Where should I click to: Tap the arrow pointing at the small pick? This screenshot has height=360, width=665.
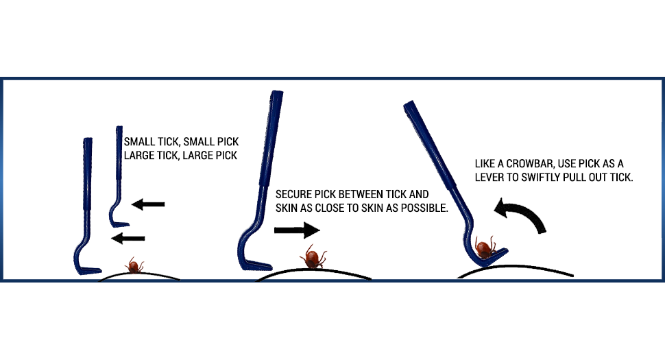[x=148, y=204]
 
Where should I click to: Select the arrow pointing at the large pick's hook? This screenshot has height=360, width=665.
[x=128, y=238]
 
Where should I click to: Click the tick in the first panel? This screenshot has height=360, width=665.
[x=134, y=265]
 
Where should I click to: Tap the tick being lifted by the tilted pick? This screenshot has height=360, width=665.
[x=486, y=245]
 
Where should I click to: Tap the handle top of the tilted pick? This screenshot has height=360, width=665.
[x=410, y=106]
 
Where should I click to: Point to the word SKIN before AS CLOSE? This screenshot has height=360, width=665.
[x=287, y=208]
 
